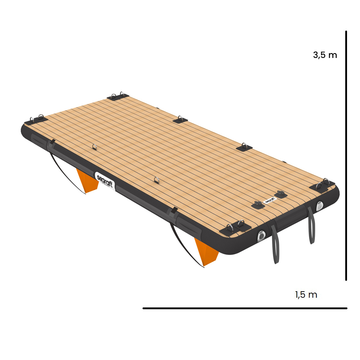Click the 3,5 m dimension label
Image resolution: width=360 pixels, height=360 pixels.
(x=325, y=55)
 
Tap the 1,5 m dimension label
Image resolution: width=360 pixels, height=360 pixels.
(x=306, y=295)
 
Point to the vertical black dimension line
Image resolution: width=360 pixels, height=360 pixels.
(x=346, y=155)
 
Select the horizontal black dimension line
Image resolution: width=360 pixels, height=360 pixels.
(x=245, y=308)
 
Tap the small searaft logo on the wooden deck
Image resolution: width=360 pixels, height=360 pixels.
(x=270, y=201)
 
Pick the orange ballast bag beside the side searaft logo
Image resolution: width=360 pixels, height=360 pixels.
(x=87, y=182)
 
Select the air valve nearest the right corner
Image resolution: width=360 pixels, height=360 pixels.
(x=320, y=206)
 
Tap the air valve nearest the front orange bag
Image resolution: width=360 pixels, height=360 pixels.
(x=261, y=236)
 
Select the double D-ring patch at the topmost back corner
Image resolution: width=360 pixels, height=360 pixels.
(x=118, y=96)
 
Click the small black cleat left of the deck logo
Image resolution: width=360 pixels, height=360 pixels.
(x=258, y=205)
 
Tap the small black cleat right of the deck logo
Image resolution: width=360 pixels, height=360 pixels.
(x=280, y=194)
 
